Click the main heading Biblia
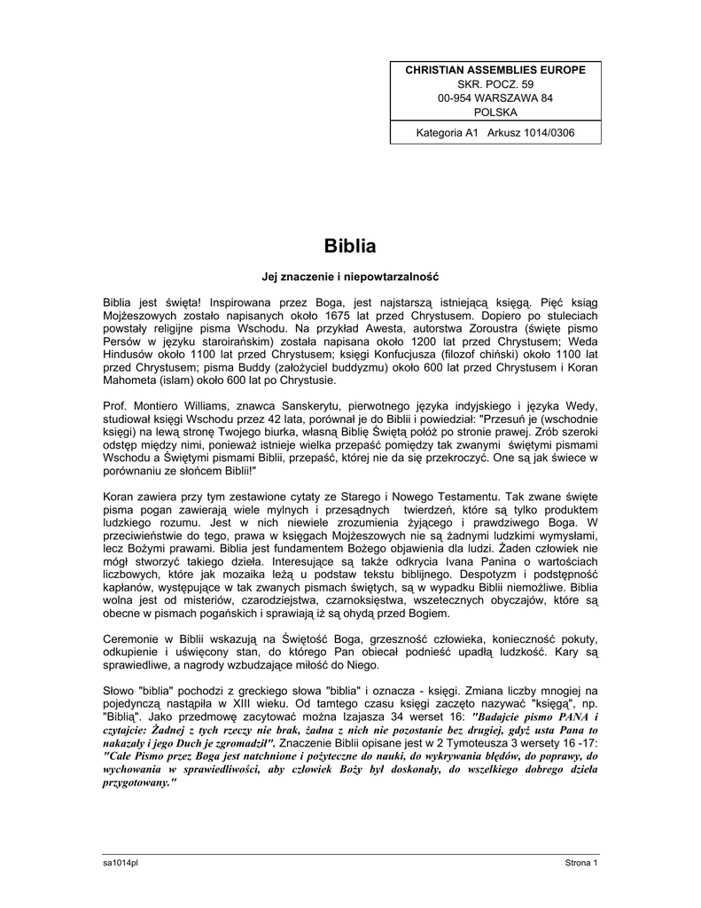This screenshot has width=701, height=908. pyautogui.click(x=349, y=246)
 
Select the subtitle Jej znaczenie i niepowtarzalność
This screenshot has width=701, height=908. pyautogui.click(x=349, y=278)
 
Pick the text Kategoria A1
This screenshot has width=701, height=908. pyautogui.click(x=448, y=133)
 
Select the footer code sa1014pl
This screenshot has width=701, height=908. pyautogui.click(x=121, y=863)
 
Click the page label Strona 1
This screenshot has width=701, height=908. pyautogui.click(x=582, y=863)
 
